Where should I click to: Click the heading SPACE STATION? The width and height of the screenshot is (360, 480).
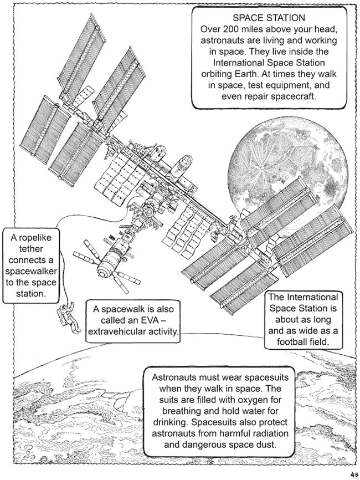(x=269, y=18)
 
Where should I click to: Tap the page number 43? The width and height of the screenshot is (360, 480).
(x=354, y=474)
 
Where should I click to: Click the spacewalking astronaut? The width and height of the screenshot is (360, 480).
(x=69, y=318)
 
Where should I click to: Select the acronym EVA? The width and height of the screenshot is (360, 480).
(x=153, y=320)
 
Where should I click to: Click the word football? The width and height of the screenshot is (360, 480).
(x=292, y=341)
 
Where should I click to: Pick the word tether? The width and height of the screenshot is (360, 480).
(x=31, y=248)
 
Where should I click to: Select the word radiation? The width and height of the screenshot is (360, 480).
(x=265, y=433)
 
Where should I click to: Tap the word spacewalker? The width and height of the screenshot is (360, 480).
(x=31, y=271)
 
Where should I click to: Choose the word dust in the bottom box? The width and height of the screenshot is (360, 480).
(x=266, y=445)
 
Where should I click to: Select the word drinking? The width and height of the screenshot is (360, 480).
(x=170, y=422)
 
